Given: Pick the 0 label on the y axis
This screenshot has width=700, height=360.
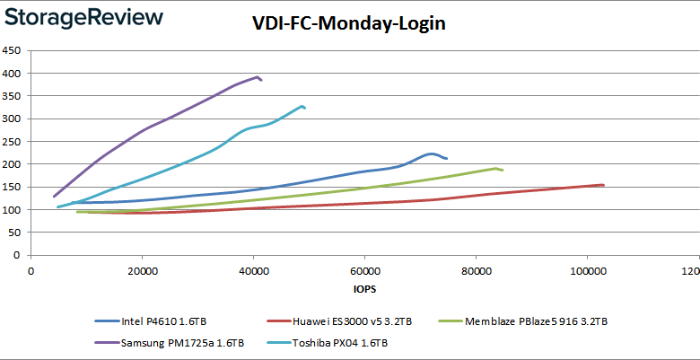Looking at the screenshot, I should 18,256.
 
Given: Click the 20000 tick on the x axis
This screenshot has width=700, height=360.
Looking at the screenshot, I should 142,272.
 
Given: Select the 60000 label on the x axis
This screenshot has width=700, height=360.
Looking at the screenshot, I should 364,272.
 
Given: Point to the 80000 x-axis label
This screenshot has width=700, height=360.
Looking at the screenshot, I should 476,272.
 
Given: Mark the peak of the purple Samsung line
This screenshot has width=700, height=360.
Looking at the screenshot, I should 258,77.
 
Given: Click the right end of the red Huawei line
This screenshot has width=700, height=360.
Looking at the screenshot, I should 603,185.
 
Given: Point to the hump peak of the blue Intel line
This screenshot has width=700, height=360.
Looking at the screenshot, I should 432,154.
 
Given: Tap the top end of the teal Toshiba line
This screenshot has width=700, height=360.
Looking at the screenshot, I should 302,106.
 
